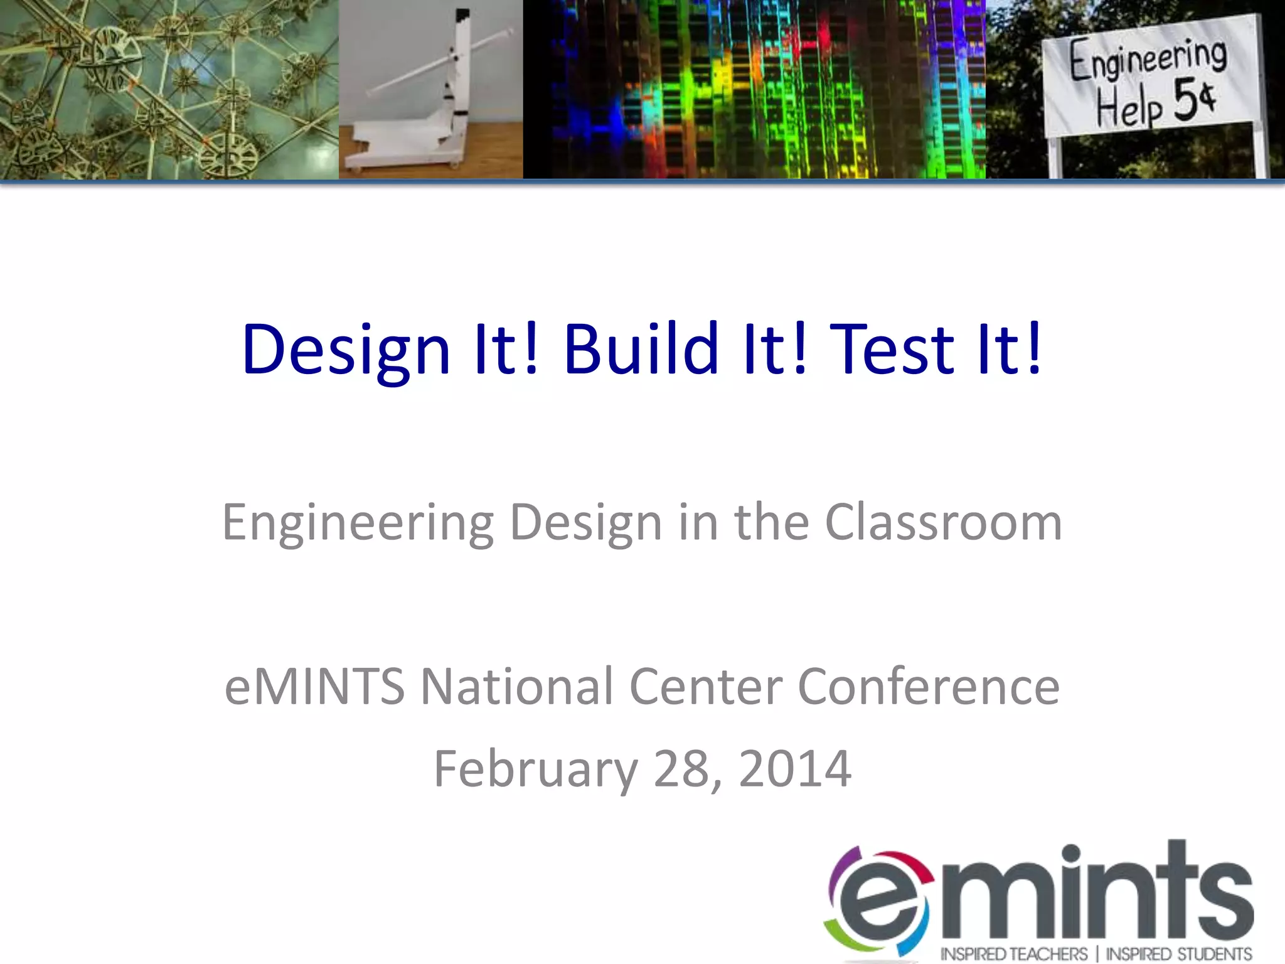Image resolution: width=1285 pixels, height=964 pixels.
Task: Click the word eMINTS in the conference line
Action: click(x=314, y=687)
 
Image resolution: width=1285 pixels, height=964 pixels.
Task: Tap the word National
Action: click(x=516, y=687)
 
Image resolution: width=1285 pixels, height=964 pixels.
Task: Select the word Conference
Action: click(x=929, y=687)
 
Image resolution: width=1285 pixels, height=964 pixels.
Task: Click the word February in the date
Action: click(x=535, y=769)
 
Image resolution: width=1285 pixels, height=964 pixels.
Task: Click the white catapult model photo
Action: click(x=430, y=90)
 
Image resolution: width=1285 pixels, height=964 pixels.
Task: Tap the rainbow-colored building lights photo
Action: click(x=754, y=90)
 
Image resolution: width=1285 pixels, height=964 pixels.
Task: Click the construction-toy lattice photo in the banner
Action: click(x=169, y=90)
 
